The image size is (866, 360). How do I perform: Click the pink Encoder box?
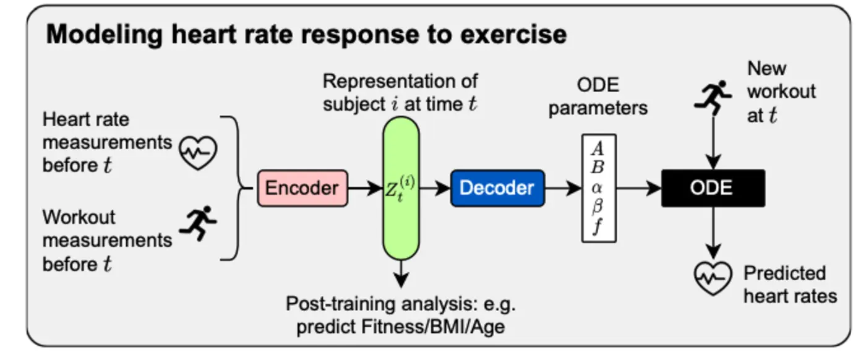point(302,188)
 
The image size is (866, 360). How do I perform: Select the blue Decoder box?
point(497,188)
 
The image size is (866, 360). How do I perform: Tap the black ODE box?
point(713,188)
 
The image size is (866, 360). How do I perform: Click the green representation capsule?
point(401,188)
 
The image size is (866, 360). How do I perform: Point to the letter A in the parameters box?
point(598,148)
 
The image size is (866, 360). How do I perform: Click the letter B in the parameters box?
point(598,168)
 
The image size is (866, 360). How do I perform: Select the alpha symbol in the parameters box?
point(598,188)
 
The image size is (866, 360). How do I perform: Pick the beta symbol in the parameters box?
point(598,207)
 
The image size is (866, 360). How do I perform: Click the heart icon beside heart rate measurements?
point(198,153)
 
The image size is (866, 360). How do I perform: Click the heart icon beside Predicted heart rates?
point(713,278)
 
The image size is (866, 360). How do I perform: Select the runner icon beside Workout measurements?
point(198,223)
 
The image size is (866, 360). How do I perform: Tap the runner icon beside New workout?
point(713,98)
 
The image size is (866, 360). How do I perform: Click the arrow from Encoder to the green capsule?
point(365,188)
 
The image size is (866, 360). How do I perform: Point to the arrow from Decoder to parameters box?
point(564,188)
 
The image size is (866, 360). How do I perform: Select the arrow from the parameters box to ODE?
point(639,188)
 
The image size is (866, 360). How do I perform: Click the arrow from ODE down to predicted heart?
point(713,233)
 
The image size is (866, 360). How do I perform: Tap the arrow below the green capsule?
point(401,274)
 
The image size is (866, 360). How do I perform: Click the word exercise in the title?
point(513,35)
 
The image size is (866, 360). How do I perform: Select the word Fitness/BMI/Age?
point(433,327)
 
